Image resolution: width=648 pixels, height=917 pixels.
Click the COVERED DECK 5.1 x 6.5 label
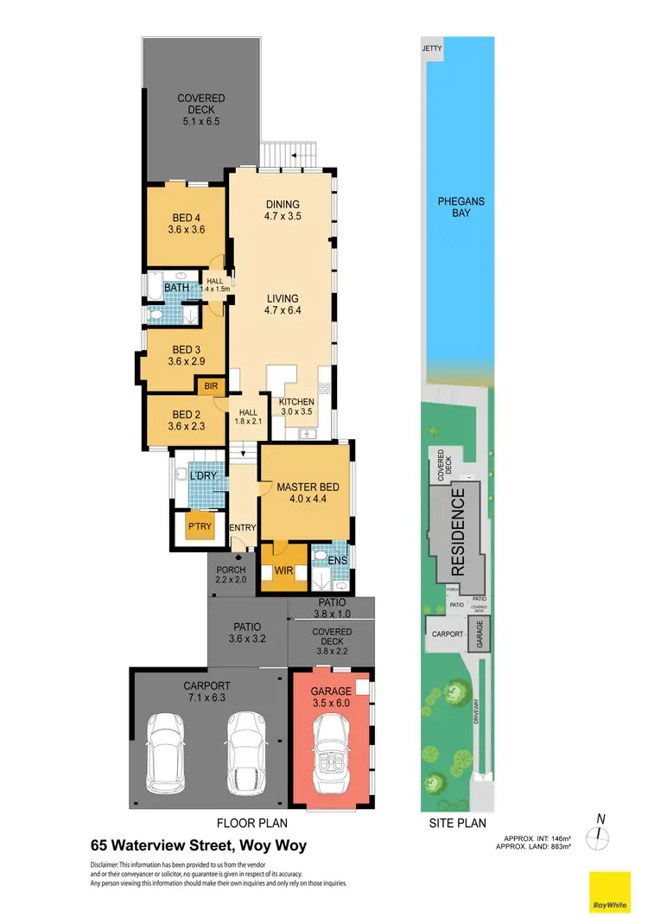pyautogui.click(x=200, y=110)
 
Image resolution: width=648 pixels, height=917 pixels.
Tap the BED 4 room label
pyautogui.click(x=187, y=223)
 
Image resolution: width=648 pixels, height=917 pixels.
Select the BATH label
pyautogui.click(x=176, y=287)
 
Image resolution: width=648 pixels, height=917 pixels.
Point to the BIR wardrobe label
pyautogui.click(x=210, y=386)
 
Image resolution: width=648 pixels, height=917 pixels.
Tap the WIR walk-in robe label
pyautogui.click(x=284, y=570)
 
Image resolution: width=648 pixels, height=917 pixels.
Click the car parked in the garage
pyautogui.click(x=330, y=751)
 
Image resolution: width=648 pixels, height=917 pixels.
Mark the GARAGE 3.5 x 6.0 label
pyautogui.click(x=332, y=697)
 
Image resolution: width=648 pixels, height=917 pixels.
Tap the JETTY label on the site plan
pyautogui.click(x=431, y=48)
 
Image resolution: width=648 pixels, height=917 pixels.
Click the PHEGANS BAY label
pyautogui.click(x=461, y=207)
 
